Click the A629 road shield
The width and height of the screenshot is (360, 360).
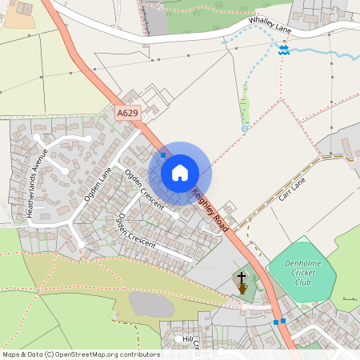click(x=128, y=114)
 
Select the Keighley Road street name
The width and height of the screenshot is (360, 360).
click(x=210, y=210)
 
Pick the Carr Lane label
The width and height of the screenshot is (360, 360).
click(x=293, y=189)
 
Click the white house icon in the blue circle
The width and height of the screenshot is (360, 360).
click(x=180, y=173)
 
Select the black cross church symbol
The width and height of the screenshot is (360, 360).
click(x=241, y=276)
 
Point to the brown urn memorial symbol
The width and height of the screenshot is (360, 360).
click(x=241, y=287)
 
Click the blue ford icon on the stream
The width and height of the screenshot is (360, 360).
click(x=283, y=50)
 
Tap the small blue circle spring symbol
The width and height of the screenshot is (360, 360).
click(x=244, y=128)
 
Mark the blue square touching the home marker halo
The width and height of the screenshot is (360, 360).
click(x=163, y=154)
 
